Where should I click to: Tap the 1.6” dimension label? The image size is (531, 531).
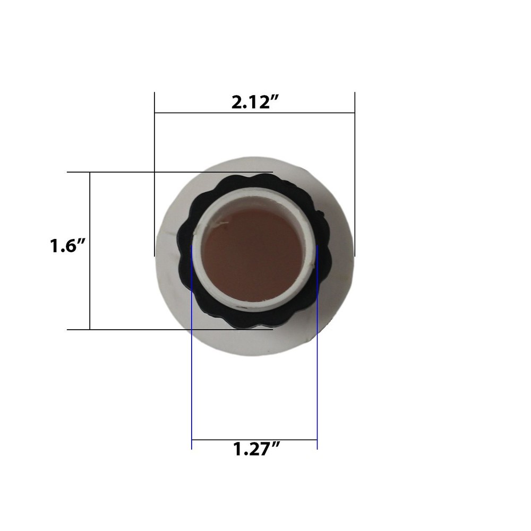click(68, 246)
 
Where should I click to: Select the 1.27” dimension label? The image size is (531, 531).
click(256, 450)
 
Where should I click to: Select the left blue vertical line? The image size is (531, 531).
click(191, 372)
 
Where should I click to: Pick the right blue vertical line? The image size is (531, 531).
click(317, 372)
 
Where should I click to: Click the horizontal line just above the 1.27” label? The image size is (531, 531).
click(254, 440)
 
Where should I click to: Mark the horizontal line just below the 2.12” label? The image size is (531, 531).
click(254, 113)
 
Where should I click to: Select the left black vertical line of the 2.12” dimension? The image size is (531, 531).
click(155, 138)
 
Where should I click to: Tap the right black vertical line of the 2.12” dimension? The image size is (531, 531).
click(354, 138)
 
